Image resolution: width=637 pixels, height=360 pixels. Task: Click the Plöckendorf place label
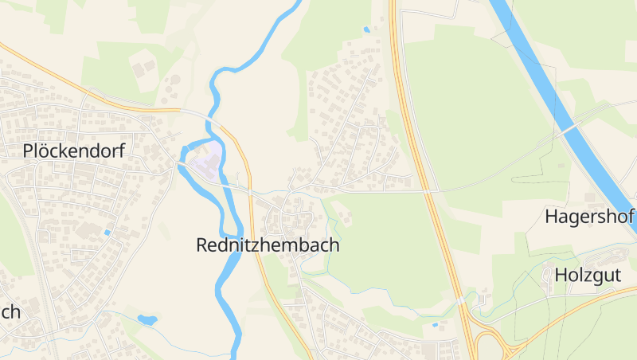(73, 151)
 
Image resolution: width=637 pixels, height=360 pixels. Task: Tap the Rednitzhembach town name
(268, 245)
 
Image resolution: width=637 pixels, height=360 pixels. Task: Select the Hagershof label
(588, 216)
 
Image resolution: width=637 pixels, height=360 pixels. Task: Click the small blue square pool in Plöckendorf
(107, 233)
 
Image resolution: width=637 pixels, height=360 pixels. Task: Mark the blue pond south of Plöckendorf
(147, 320)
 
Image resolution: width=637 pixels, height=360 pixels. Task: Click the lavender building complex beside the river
(205, 159)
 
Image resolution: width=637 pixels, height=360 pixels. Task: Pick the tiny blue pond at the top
(366, 29)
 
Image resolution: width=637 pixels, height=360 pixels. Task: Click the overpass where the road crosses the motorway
(428, 191)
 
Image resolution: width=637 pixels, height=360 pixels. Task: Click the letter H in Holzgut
(561, 276)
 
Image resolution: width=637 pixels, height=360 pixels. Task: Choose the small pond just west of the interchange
(434, 325)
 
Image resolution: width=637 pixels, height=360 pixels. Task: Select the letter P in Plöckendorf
(29, 151)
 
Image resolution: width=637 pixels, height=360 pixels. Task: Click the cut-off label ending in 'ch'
(10, 311)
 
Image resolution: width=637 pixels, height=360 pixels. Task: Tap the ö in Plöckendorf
(46, 151)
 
